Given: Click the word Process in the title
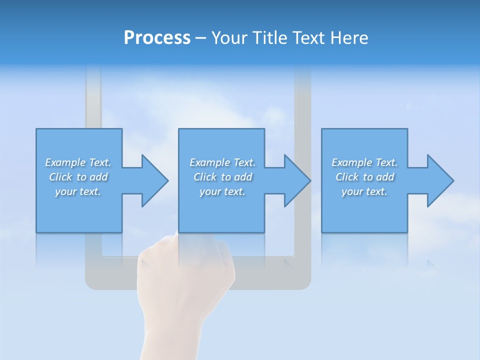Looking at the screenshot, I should pos(157,37).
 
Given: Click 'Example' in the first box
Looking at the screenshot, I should pos(65,162).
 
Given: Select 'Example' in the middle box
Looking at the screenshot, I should pos(209,162).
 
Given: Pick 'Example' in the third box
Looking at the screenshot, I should pos(351,162).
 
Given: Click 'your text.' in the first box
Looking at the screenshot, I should pos(78,191).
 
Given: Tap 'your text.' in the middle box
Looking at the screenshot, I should pos(222,191).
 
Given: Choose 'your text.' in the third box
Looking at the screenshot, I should pos(364,191).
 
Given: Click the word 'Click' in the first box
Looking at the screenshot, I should pos(60,177).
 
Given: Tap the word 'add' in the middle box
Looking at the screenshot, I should pos(243,177).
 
